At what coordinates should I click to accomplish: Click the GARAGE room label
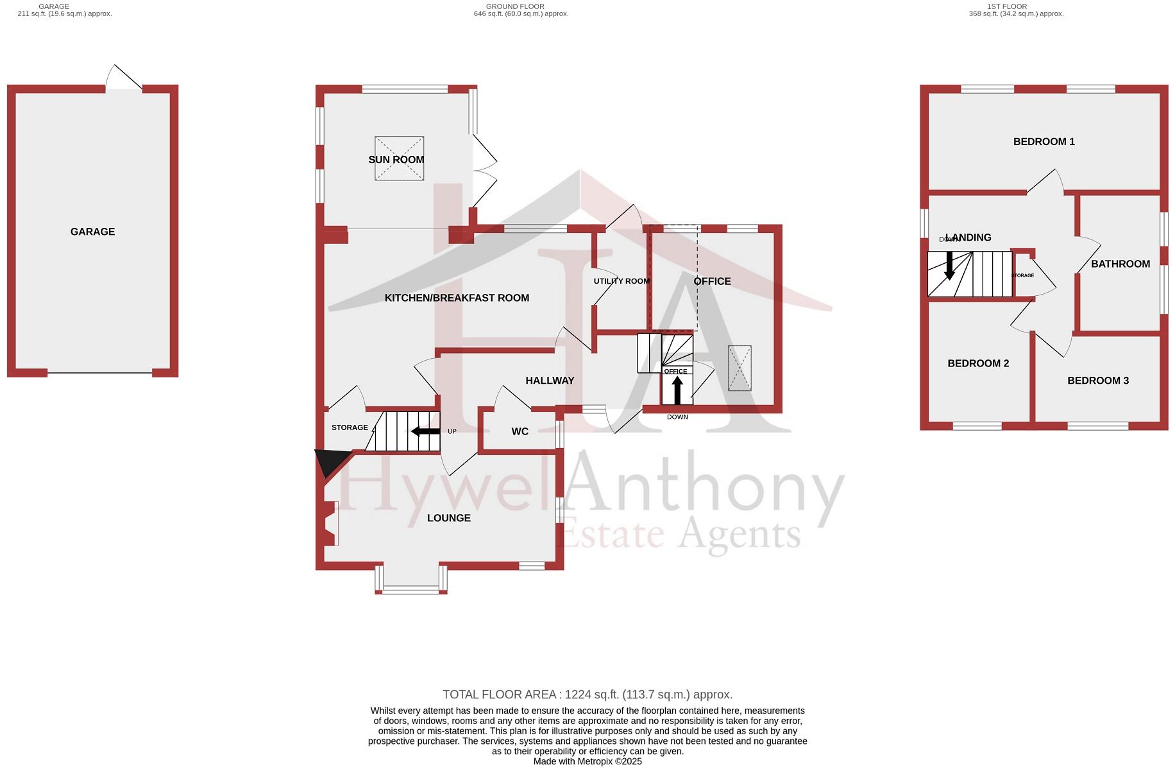click(92, 232)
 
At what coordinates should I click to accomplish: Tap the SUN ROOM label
click(396, 160)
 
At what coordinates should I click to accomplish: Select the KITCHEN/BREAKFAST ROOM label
click(457, 298)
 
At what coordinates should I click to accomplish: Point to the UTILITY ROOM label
click(621, 281)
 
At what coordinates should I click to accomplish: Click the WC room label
click(520, 431)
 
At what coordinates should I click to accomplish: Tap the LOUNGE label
click(448, 518)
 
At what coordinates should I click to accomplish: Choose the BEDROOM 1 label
click(1044, 142)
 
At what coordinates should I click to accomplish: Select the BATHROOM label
click(1120, 264)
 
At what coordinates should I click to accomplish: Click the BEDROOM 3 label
click(1097, 381)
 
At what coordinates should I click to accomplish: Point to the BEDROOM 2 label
click(977, 363)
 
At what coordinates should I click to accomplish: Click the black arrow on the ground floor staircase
click(425, 431)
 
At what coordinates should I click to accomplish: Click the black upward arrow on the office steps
click(677, 390)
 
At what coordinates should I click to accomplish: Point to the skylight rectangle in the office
click(740, 368)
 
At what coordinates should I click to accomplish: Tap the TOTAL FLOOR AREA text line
click(587, 694)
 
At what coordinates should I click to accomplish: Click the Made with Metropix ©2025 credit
click(587, 762)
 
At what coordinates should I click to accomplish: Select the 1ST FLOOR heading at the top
click(1015, 6)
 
